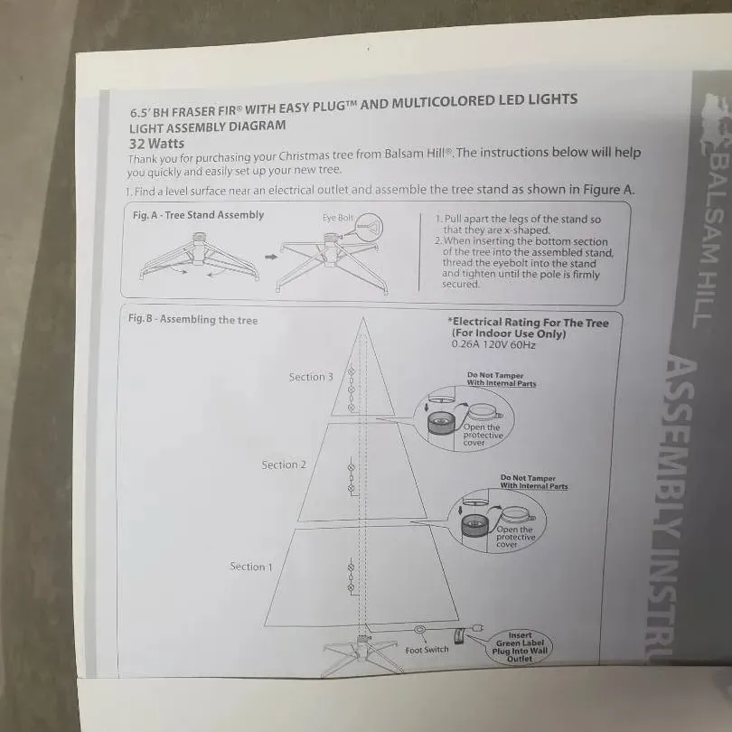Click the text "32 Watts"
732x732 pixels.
[157, 144]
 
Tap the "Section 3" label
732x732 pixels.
[311, 377]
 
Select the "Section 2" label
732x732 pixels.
[284, 465]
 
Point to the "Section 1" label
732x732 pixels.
[250, 567]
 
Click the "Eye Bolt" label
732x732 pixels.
[338, 218]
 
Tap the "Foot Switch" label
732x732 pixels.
[427, 650]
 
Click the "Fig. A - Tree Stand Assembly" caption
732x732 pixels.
[199, 215]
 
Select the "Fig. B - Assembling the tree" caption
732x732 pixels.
[192, 320]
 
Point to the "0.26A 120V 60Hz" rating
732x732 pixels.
[493, 345]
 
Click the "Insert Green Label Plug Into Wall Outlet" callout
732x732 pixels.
[520, 647]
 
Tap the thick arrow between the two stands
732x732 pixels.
[271, 257]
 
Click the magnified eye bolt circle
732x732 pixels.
[369, 228]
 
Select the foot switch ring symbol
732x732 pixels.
[419, 631]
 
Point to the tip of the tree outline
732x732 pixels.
[363, 317]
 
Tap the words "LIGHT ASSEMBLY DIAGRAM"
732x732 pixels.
[208, 127]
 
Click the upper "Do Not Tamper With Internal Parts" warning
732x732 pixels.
[502, 379]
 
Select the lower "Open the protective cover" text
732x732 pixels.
[515, 537]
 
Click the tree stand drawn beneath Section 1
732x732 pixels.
[361, 654]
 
